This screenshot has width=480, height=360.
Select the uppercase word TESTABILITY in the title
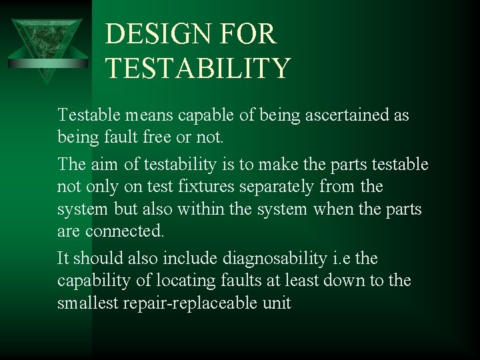(198, 69)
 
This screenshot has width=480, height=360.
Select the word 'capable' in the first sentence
(198, 115)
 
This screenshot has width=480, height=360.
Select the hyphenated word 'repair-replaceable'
(196, 303)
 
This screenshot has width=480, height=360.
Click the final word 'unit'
(276, 303)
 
